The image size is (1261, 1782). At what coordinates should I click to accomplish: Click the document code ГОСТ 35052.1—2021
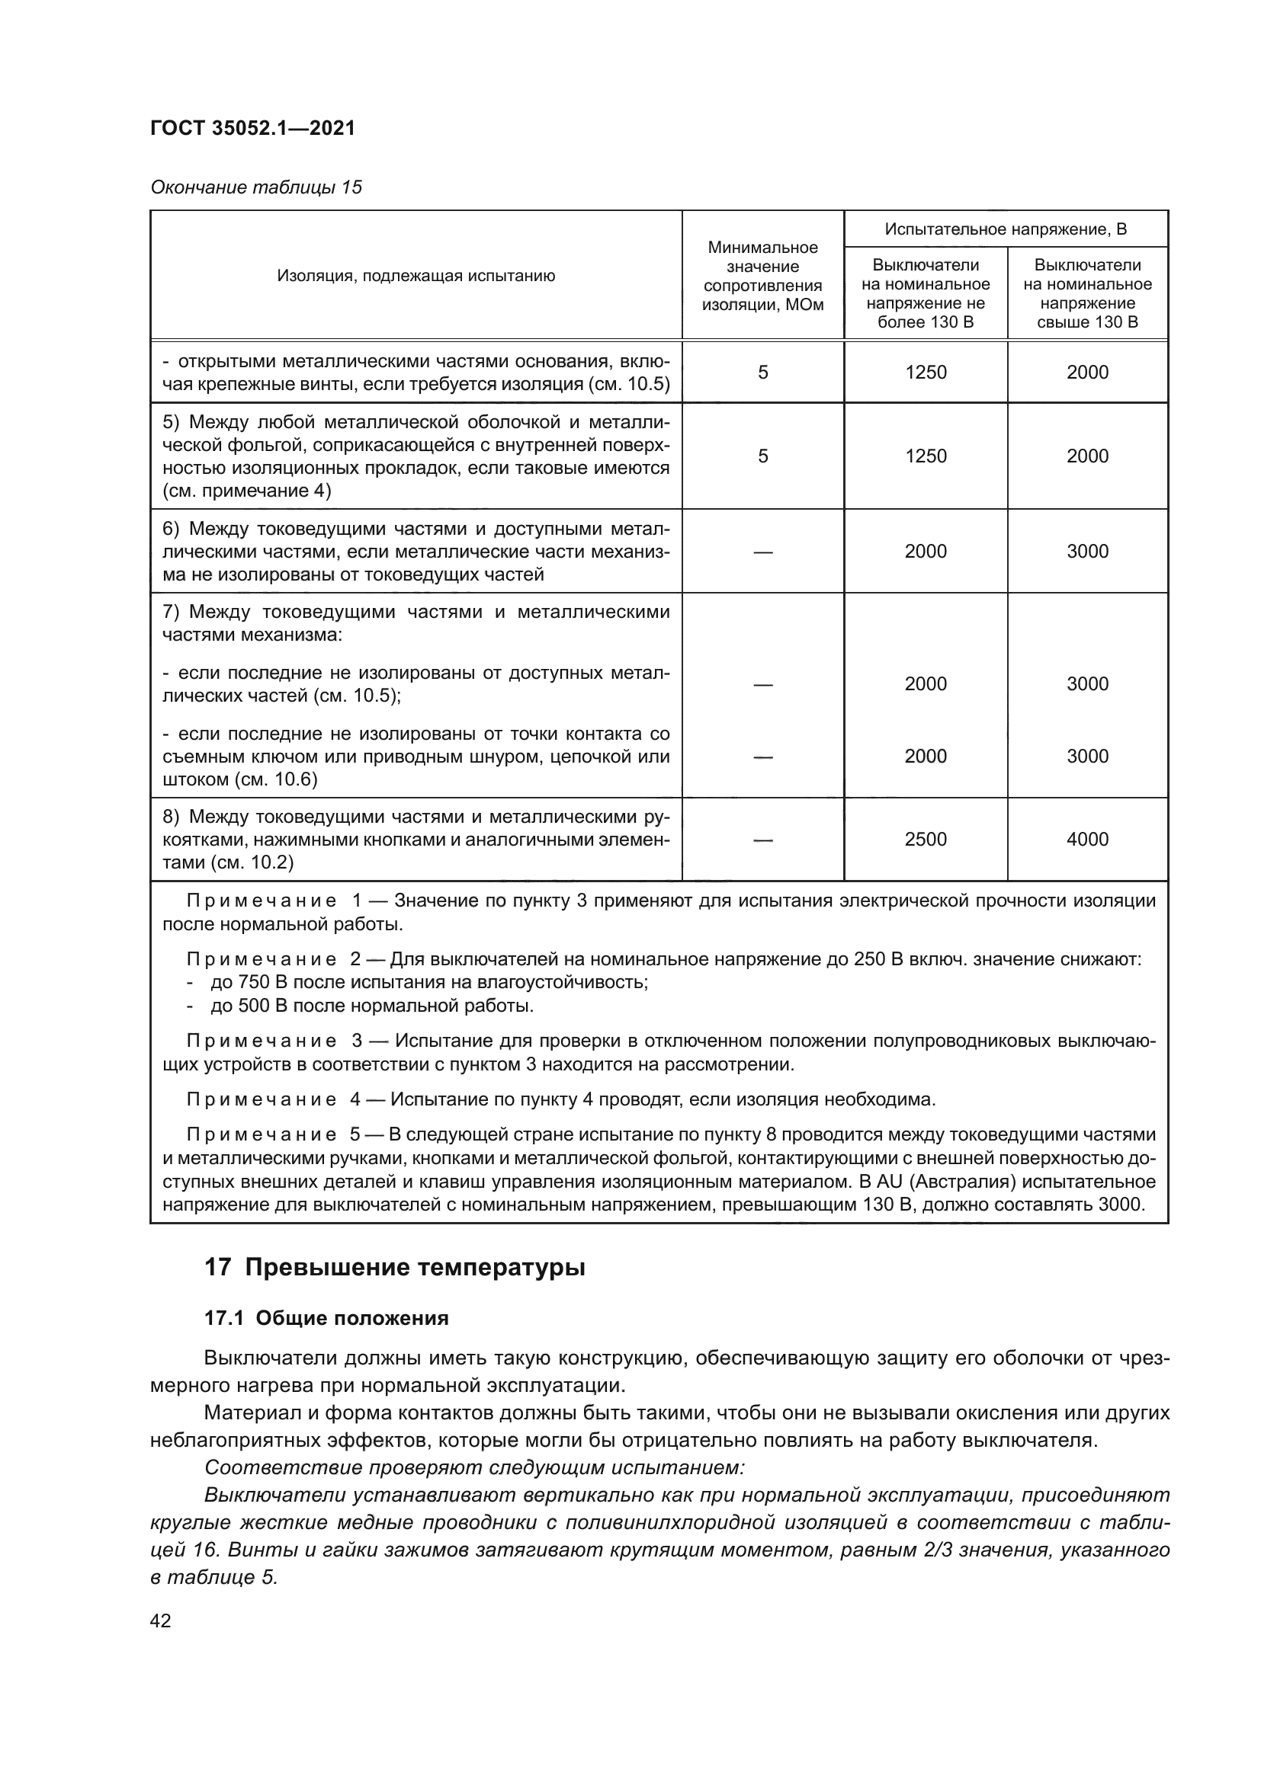coord(252,128)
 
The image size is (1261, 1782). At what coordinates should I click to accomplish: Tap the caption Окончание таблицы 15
coord(255,187)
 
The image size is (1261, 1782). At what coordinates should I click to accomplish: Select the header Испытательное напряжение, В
coord(1006,229)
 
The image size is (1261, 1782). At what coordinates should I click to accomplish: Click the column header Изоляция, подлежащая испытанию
coord(416,276)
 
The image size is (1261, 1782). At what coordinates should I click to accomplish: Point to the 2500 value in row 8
coord(926,839)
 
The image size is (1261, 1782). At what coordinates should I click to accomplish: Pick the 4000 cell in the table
coord(1087,839)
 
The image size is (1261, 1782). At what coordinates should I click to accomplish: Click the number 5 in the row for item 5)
coord(762,456)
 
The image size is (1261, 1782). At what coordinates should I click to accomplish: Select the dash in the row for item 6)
coord(762,552)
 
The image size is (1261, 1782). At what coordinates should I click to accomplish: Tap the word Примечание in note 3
coord(261,1041)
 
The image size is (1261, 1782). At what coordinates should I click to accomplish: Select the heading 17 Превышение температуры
coord(394,1269)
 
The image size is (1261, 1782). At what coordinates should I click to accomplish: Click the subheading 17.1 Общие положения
coord(326,1319)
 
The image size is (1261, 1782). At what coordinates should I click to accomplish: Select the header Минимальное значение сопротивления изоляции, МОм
coord(762,276)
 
